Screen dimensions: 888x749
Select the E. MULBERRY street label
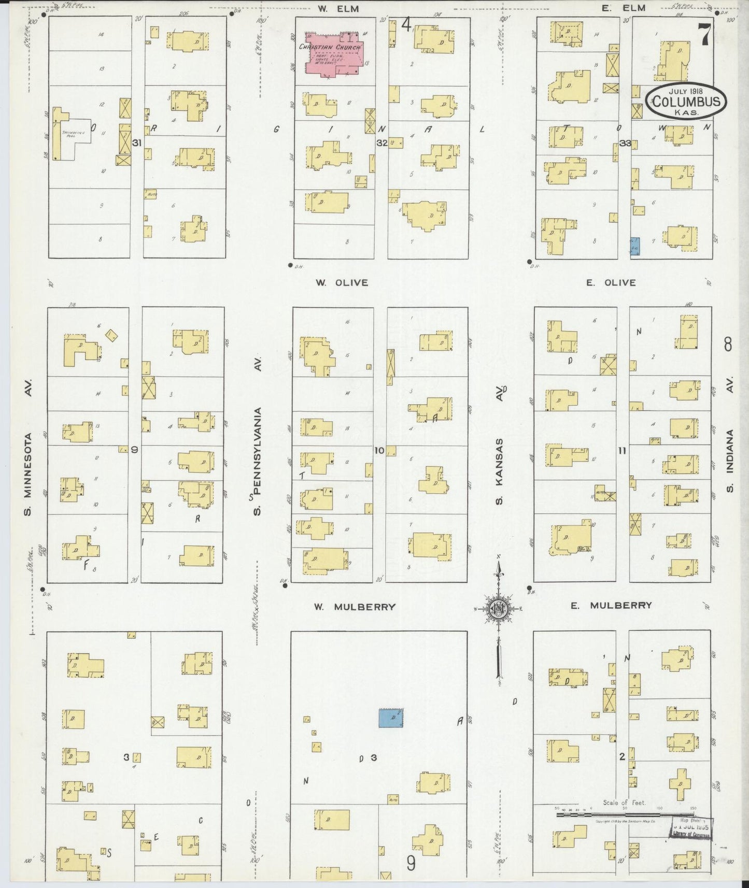[x=611, y=605]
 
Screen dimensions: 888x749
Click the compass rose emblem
[x=498, y=609]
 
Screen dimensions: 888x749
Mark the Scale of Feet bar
[x=625, y=815]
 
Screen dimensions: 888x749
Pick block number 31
[x=137, y=142]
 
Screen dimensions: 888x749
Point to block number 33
[x=625, y=143]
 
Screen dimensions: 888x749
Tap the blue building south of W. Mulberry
[x=391, y=718]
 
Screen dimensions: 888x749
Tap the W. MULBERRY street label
[x=355, y=607]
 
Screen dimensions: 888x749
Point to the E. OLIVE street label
[x=611, y=283]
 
